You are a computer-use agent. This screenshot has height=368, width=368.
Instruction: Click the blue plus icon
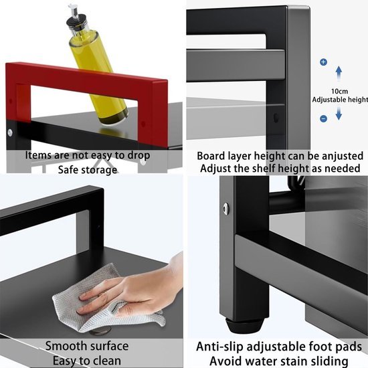(x=323, y=62)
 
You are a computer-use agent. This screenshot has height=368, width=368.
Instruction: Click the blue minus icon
(x=323, y=118)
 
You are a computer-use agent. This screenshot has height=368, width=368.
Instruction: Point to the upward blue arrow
(x=339, y=74)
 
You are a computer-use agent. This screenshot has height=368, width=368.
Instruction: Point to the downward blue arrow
(x=339, y=111)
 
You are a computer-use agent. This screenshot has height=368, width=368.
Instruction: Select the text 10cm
(x=339, y=90)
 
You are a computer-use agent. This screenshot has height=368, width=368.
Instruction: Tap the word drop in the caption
(x=137, y=155)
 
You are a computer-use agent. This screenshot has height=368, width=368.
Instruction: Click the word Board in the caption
(x=211, y=155)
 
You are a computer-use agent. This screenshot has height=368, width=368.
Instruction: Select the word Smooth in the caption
(x=66, y=346)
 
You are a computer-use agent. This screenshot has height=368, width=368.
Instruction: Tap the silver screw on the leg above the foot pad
(x=226, y=209)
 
